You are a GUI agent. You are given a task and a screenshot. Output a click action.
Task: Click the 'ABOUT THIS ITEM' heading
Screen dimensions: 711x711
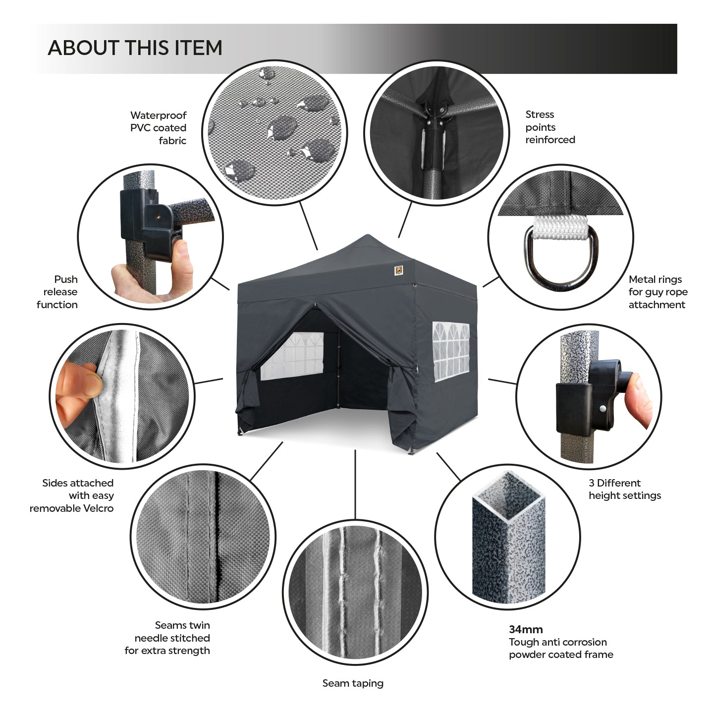click(135, 48)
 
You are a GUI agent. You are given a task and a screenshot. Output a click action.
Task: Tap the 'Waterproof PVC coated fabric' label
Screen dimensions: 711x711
click(158, 128)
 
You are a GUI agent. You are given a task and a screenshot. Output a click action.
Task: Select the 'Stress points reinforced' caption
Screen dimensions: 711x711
click(550, 127)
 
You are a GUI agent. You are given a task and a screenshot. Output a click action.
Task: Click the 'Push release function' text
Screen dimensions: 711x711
click(57, 292)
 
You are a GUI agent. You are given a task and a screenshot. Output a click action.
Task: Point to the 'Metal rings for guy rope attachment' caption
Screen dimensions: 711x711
click(658, 292)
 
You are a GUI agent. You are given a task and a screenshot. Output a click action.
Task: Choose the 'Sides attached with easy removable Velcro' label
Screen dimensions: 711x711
click(71, 495)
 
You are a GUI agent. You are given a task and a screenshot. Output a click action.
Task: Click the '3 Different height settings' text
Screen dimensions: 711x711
click(625, 489)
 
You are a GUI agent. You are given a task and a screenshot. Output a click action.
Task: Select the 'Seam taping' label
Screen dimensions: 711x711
click(353, 683)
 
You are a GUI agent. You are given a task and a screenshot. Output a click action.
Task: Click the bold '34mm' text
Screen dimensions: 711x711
click(526, 629)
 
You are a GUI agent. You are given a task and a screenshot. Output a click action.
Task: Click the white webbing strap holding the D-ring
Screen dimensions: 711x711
click(560, 227)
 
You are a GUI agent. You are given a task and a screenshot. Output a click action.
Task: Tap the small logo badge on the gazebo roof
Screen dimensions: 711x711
click(398, 271)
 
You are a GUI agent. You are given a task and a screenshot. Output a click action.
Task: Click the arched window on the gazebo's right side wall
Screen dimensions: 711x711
click(451, 352)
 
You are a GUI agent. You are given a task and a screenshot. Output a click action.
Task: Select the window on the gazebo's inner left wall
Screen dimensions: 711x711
click(292, 356)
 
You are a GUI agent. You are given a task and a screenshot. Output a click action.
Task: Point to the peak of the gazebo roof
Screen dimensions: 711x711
click(367, 235)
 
